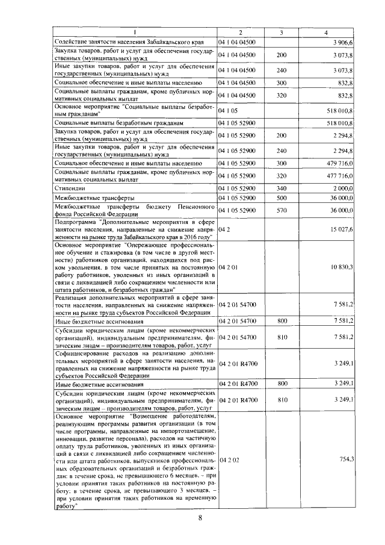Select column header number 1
135,33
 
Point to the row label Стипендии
71,188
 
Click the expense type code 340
282,188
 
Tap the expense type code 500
282,198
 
